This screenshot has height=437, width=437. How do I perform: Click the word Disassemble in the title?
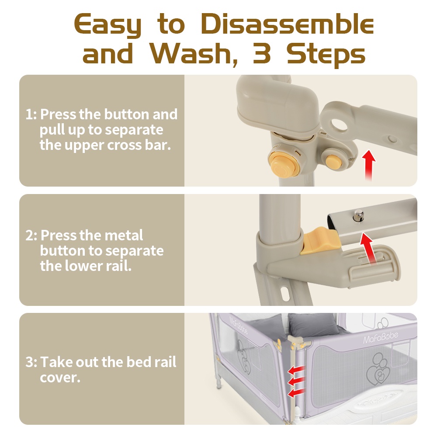[287, 24]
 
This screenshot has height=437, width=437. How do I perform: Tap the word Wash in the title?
[193, 53]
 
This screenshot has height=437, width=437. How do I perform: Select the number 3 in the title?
[262, 53]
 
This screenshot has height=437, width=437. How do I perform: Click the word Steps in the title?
[326, 54]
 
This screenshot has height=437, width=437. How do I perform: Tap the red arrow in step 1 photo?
[369, 165]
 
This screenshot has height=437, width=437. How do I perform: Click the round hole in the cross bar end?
[339, 125]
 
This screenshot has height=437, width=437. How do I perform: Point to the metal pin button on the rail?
[359, 216]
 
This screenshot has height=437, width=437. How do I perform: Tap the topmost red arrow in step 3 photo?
[296, 370]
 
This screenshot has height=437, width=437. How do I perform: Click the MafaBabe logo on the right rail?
[381, 337]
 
